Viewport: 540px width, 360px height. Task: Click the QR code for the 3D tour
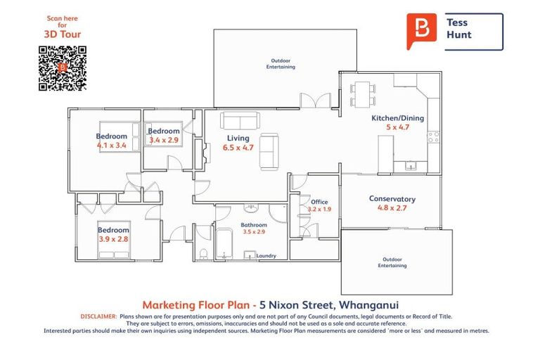point(63,68)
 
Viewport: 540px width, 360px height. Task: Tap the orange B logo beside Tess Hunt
point(422,31)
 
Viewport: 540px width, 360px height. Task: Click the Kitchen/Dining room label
point(397,118)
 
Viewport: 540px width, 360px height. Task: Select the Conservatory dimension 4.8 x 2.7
point(392,207)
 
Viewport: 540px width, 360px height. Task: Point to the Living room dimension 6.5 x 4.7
point(238,148)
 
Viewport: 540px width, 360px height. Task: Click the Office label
point(319,202)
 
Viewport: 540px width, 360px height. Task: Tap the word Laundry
point(266,256)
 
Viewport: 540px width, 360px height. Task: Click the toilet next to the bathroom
point(203,254)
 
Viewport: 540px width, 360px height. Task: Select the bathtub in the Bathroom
point(224,244)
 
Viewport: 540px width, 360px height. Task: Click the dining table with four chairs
point(363,94)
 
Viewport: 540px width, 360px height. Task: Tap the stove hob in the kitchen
point(433,137)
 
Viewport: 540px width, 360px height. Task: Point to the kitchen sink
point(411,166)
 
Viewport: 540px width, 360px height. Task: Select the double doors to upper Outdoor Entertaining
point(316,101)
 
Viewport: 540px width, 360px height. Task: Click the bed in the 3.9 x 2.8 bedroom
point(114,240)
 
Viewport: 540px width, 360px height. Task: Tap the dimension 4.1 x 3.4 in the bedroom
point(112,146)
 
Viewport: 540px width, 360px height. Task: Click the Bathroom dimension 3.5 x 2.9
point(254,232)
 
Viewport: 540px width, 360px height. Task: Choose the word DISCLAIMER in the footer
point(99,316)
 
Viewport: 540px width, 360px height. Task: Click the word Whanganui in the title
point(369,305)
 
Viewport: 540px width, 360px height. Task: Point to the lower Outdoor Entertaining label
point(392,262)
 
